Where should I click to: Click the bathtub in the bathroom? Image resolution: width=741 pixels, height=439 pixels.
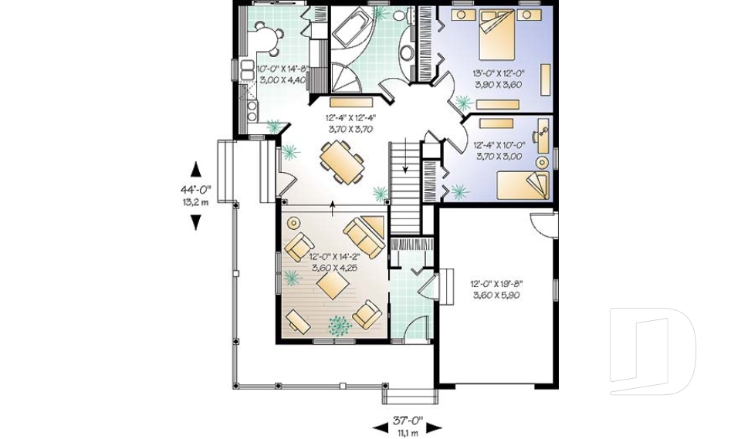click(352, 28)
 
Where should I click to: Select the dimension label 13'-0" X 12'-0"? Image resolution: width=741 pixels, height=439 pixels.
click(499, 74)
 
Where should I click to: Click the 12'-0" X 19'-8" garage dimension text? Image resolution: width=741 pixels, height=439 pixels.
click(496, 284)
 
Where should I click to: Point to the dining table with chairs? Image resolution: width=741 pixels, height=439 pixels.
click(343, 162)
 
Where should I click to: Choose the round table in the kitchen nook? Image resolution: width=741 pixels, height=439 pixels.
click(268, 38)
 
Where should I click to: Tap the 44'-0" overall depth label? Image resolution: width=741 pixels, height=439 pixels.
click(195, 190)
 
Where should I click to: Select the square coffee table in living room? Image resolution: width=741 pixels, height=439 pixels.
click(333, 286)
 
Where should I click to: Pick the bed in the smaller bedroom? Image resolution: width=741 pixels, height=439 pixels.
click(523, 185)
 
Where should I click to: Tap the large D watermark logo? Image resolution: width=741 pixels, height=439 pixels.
click(652, 351)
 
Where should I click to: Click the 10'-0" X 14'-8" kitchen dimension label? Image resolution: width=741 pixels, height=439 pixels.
click(283, 69)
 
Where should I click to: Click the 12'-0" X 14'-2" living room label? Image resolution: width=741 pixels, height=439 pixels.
click(334, 257)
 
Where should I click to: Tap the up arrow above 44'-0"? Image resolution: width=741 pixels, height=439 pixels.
click(195, 169)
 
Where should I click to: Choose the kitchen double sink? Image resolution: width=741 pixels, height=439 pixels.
click(247, 70)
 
